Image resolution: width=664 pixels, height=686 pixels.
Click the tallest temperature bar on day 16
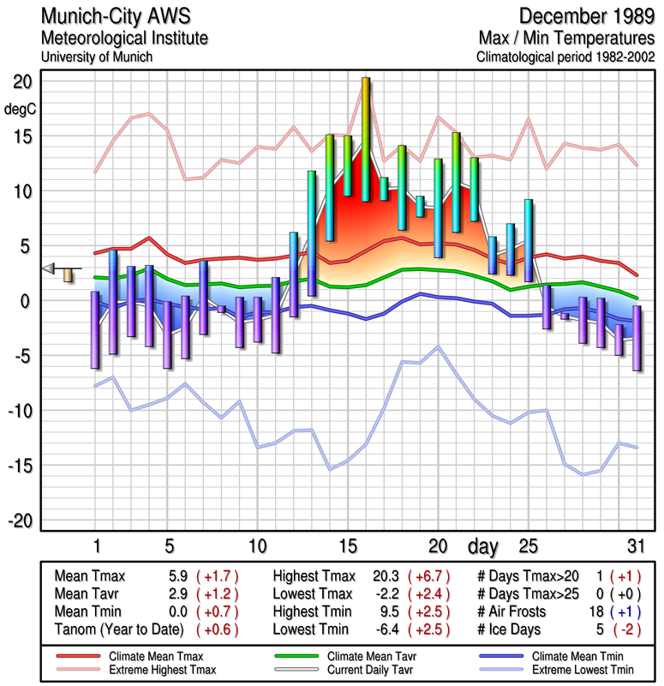(x=366, y=139)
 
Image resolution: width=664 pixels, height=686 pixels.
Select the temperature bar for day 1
(x=95, y=330)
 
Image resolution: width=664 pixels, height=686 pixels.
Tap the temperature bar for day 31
(x=637, y=338)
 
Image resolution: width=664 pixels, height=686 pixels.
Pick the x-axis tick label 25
(x=529, y=545)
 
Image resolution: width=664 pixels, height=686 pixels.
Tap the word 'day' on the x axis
(x=482, y=545)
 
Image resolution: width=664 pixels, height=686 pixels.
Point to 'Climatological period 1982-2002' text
(x=566, y=57)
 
